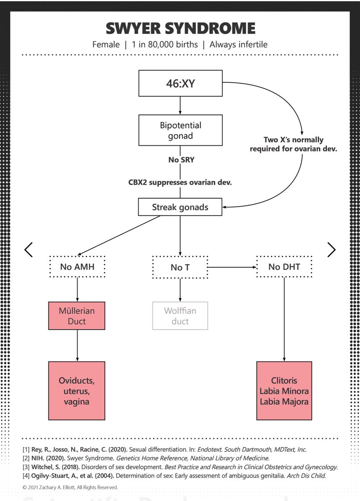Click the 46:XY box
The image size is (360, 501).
coord(180,83)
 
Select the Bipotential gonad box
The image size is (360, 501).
coord(180,130)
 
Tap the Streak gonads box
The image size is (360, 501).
coord(180,207)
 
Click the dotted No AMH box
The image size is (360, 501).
coord(77,267)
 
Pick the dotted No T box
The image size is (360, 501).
coord(180,267)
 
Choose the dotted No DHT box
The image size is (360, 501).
coord(284,267)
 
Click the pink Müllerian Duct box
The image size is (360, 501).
coord(77,316)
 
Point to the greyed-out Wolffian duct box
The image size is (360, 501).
coord(180,316)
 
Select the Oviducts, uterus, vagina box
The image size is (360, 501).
coord(77,391)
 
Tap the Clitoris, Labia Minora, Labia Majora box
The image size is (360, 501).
coord(284,391)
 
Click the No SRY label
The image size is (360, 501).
coord(181,159)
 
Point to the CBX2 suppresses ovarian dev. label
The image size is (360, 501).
coord(180,182)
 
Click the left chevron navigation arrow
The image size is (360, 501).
coord(28,250)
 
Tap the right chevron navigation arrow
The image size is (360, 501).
coord(332,250)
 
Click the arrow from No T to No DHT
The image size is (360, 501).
coord(232,267)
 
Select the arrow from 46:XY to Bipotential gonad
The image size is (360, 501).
coord(180,106)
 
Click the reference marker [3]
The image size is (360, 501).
coord(26,467)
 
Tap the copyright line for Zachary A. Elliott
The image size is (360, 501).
coord(70,487)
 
